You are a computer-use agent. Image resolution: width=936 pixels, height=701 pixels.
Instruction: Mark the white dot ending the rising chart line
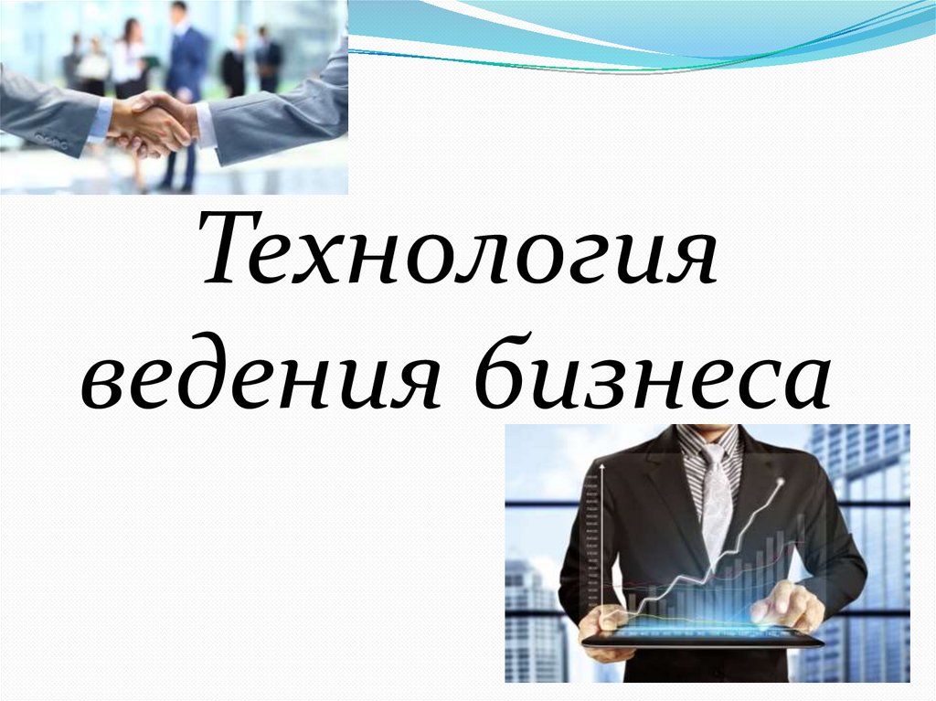[x=780, y=482]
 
